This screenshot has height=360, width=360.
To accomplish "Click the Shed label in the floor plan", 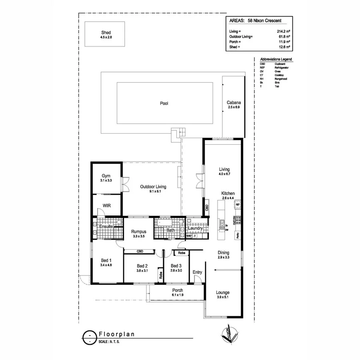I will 106,33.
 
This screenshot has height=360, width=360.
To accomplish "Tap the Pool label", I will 164,103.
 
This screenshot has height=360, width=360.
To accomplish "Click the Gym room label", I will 106,176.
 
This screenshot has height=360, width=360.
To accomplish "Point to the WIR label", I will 106,206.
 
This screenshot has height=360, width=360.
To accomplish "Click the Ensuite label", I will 106,227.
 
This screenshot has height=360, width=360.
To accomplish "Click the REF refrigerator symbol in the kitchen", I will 237,204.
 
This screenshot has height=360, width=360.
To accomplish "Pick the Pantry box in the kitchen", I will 238,236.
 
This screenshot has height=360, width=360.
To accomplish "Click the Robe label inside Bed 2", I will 160,275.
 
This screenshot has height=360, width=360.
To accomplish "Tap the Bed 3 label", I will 176,266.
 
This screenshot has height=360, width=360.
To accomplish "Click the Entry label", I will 197,272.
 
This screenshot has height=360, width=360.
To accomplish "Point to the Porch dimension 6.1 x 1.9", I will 177,295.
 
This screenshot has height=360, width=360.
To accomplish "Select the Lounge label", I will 223,292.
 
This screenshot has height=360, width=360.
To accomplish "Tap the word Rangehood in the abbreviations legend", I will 280,79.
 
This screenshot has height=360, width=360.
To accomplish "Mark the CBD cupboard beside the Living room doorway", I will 207,208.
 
